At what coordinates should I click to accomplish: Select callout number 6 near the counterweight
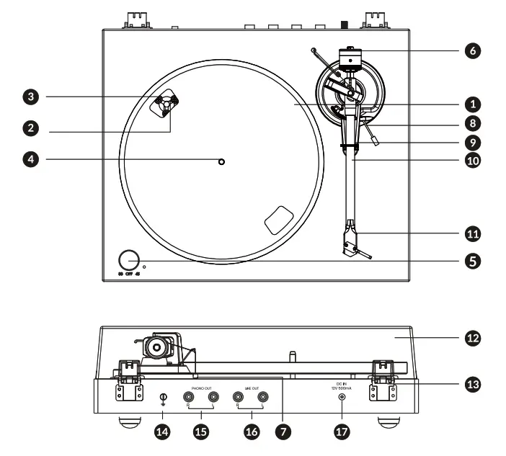(x=472, y=50)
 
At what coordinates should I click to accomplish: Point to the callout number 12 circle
(x=472, y=336)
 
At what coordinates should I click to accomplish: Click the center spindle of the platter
(x=221, y=162)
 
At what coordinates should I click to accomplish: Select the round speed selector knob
(x=129, y=260)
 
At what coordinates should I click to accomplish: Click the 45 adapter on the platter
(x=165, y=104)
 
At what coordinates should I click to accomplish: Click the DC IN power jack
(x=341, y=396)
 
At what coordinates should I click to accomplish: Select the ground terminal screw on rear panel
(x=163, y=397)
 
